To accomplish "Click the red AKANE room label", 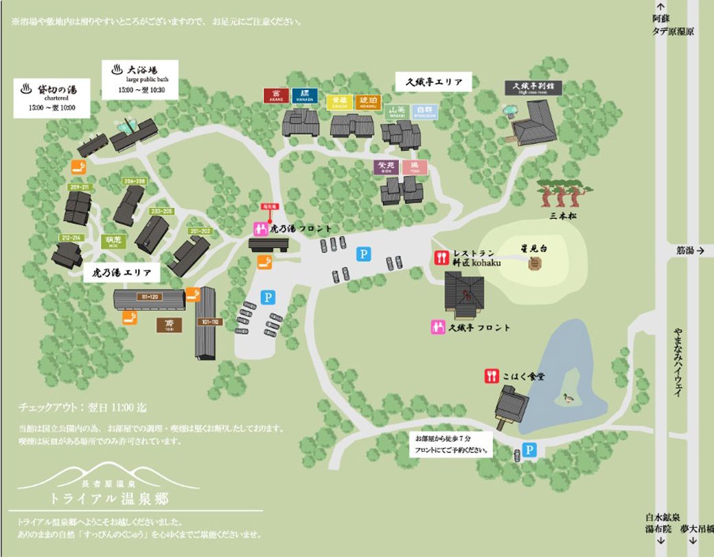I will pos(277,95).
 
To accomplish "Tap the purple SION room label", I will pos(384,167).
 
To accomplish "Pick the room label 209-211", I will pos(79,187).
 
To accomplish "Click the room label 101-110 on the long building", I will pos(206,321).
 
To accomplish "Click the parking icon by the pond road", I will pos(529,450).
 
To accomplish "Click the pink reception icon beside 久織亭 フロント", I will pos(436,328).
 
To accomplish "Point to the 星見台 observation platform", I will pos(534,262).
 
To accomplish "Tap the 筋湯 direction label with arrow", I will pos(689,251).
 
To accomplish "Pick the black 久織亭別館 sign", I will pos(533,88).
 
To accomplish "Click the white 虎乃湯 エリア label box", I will pos(122,273).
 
